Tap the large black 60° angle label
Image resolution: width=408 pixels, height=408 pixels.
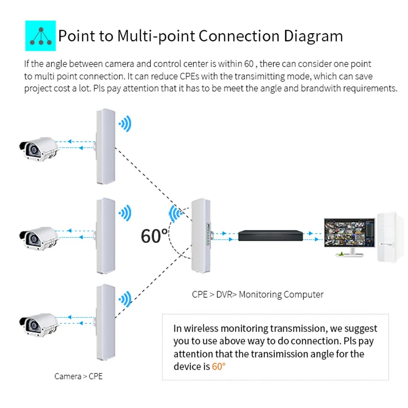tap(154, 236)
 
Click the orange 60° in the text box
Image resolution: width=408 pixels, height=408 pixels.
tap(218, 366)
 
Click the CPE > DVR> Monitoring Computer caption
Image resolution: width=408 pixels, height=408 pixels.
tap(258, 294)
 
